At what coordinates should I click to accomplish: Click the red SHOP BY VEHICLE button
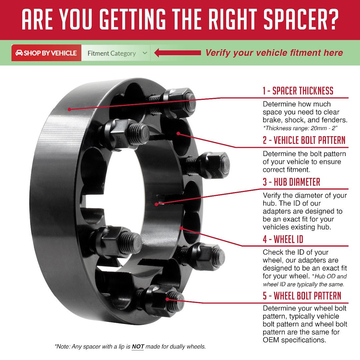46,53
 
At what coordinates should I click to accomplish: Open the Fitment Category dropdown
116,53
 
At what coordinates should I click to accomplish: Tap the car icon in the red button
19,53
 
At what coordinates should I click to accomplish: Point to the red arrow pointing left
177,53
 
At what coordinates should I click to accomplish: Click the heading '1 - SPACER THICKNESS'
298,91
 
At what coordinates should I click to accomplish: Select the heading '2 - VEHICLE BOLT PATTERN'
304,140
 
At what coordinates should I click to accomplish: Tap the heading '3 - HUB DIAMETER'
291,182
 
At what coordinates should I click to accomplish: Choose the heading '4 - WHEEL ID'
283,239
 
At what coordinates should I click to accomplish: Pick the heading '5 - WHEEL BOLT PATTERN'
302,296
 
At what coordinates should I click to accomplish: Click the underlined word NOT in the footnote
138,346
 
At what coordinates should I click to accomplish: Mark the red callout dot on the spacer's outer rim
69,109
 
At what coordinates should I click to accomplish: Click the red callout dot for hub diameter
156,204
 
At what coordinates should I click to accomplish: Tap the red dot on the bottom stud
167,299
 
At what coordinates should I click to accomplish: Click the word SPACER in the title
294,20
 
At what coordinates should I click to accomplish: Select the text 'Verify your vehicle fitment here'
274,53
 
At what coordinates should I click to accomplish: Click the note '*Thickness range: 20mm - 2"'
300,128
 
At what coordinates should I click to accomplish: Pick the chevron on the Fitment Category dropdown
145,53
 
